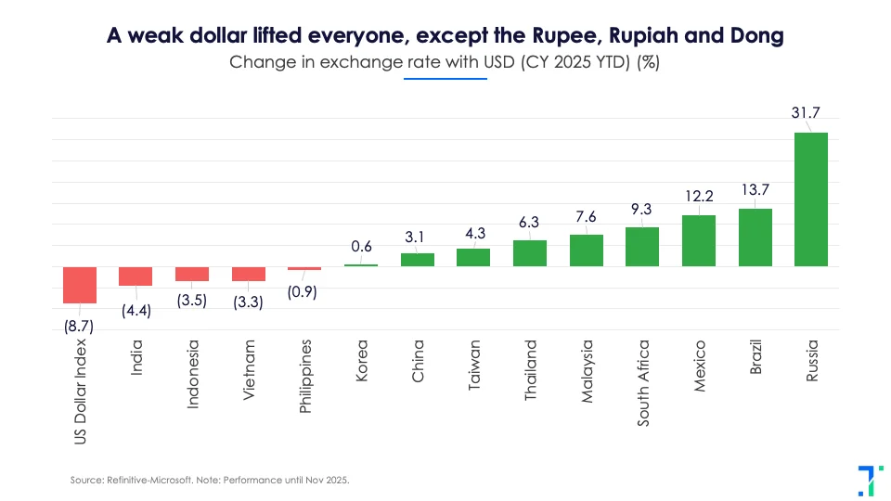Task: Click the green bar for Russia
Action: (810, 199)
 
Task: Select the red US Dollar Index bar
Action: (80, 285)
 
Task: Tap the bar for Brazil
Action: (755, 238)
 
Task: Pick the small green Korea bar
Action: (361, 265)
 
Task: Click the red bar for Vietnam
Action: (249, 274)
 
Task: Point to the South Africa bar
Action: (642, 247)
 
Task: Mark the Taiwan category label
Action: (473, 364)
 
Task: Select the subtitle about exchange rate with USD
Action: (445, 62)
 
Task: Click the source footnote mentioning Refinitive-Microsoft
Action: (210, 480)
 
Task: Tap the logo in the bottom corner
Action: (865, 479)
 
